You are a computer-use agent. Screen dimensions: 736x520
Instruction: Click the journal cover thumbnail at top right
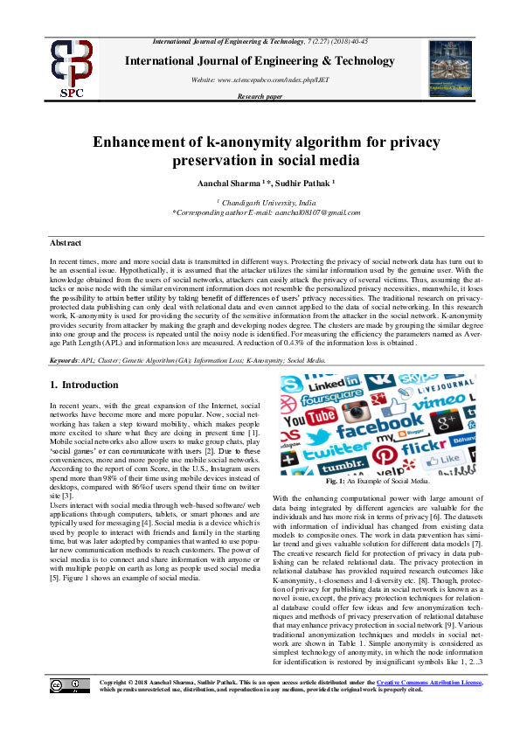point(449,68)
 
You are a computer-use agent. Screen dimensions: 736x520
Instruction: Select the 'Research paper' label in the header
point(260,96)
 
